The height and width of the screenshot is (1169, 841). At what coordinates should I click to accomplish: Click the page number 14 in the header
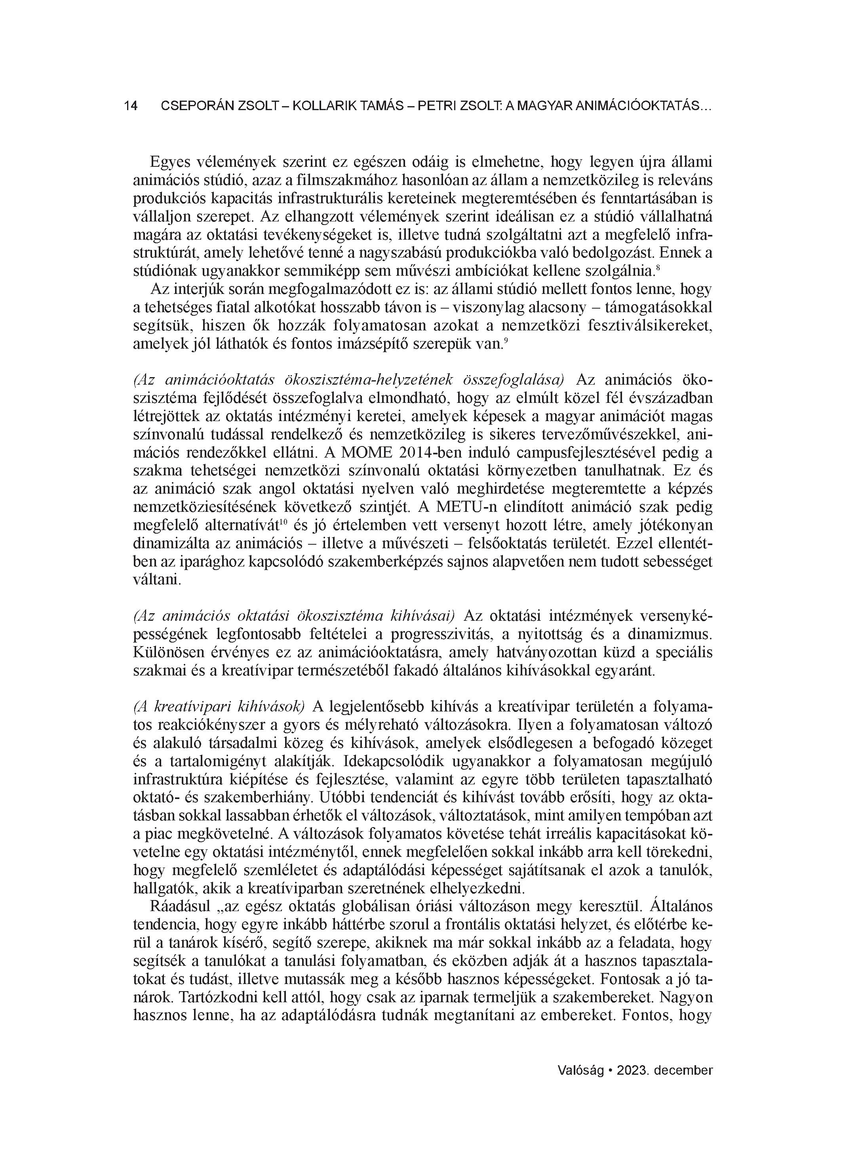coord(130,106)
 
